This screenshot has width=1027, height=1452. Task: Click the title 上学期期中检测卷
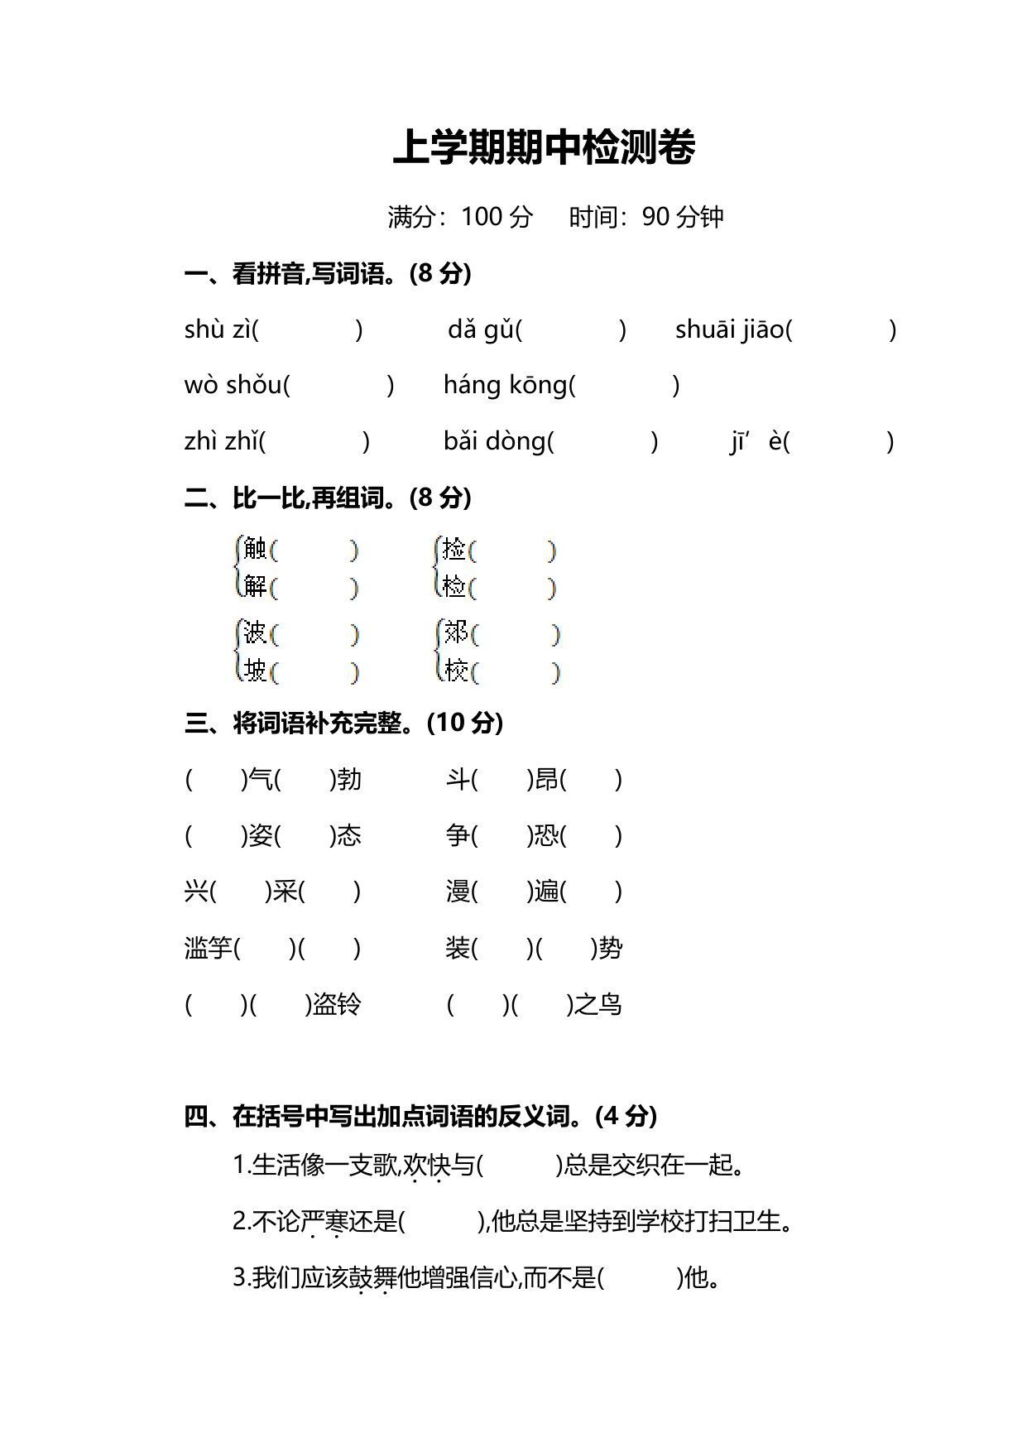[x=544, y=147]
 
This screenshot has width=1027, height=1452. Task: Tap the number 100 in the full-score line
[x=481, y=217]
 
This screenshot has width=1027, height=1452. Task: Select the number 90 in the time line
[x=655, y=217]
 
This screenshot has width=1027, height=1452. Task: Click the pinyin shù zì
[x=217, y=329]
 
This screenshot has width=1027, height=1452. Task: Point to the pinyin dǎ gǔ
[x=480, y=329]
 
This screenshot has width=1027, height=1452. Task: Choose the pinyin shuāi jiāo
[x=729, y=329]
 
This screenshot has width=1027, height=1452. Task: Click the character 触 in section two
[x=256, y=548]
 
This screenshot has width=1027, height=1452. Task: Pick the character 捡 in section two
[x=454, y=548]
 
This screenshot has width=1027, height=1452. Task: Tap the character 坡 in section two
[x=256, y=670]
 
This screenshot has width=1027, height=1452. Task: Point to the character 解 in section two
[x=256, y=586]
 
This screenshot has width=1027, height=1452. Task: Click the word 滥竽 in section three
[x=208, y=948]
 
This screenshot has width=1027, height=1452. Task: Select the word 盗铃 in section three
[x=337, y=1004]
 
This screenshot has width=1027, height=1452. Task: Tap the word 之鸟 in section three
[x=597, y=1004]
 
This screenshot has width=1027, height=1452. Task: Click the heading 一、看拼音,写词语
[x=327, y=273]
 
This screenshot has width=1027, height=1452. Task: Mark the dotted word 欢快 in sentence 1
[x=427, y=1166]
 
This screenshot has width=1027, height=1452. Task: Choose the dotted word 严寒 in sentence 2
[x=324, y=1221]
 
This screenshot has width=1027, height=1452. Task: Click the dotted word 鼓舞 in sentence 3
[x=372, y=1277]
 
